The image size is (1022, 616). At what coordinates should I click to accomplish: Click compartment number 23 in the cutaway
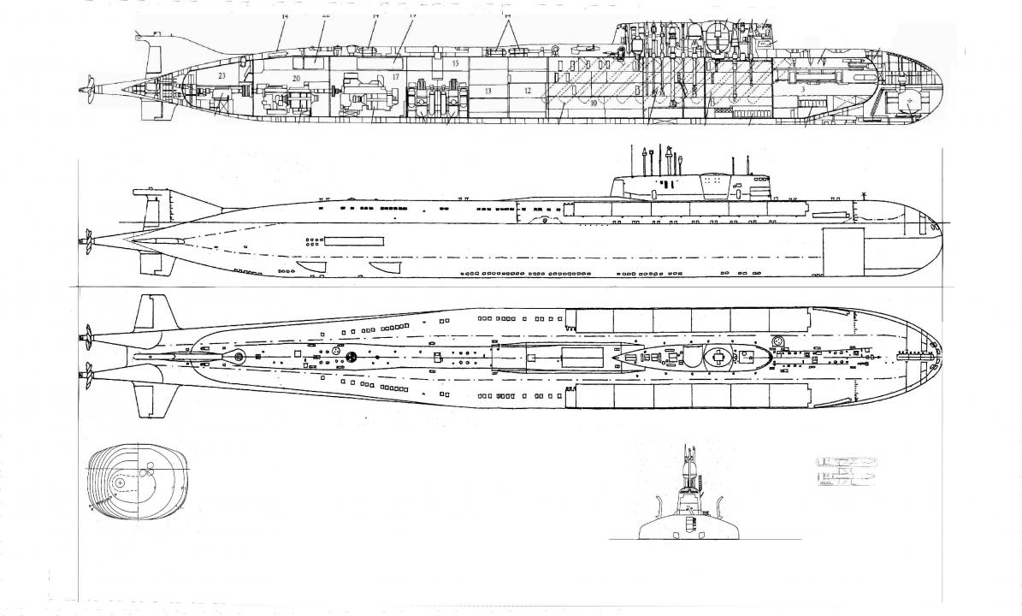pyautogui.click(x=222, y=77)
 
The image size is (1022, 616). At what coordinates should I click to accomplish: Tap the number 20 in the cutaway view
pyautogui.click(x=296, y=78)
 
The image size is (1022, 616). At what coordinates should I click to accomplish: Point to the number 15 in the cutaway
pyautogui.click(x=456, y=64)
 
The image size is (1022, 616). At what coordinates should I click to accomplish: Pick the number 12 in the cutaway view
pyautogui.click(x=528, y=90)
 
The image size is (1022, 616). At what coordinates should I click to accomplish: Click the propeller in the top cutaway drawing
pyautogui.click(x=86, y=86)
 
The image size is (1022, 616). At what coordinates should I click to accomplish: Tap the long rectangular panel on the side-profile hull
pyautogui.click(x=353, y=240)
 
